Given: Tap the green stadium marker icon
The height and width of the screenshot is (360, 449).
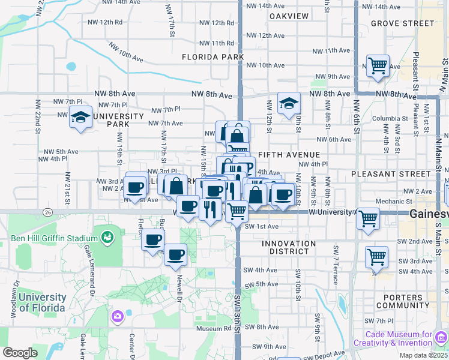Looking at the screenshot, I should click(107, 237).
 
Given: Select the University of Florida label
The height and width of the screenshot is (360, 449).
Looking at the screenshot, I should click(41, 302).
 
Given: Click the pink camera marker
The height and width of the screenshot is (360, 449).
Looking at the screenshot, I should click(118, 315).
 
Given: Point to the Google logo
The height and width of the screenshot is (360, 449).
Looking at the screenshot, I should click(20, 353).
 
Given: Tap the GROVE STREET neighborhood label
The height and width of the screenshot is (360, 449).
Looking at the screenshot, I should click(402, 23).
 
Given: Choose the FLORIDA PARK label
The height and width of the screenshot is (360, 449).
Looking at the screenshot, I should click(212, 57).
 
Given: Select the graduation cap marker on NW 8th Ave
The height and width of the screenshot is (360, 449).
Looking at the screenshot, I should click(289, 104).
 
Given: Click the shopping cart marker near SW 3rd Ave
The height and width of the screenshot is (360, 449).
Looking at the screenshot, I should click(376, 257).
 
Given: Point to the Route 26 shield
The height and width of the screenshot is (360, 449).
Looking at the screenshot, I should click(48, 211).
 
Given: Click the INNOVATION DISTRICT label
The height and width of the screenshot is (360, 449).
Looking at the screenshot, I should click(288, 247).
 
